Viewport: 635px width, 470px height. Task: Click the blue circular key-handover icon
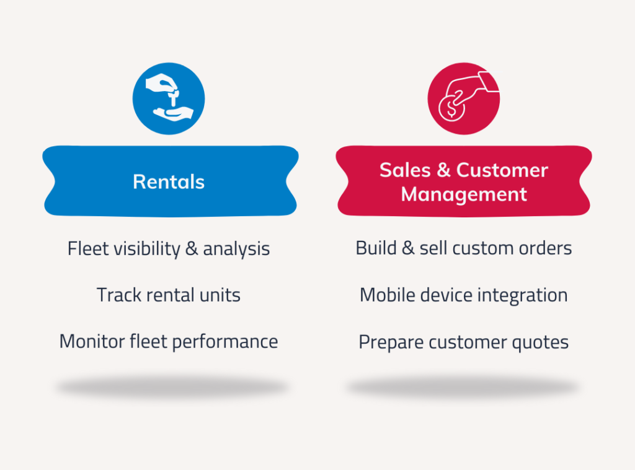[169, 98]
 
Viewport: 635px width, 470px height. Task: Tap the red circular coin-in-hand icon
[464, 98]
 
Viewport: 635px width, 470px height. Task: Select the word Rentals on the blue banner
[169, 182]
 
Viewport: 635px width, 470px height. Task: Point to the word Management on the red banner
[464, 194]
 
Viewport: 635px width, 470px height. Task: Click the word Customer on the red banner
[502, 170]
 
